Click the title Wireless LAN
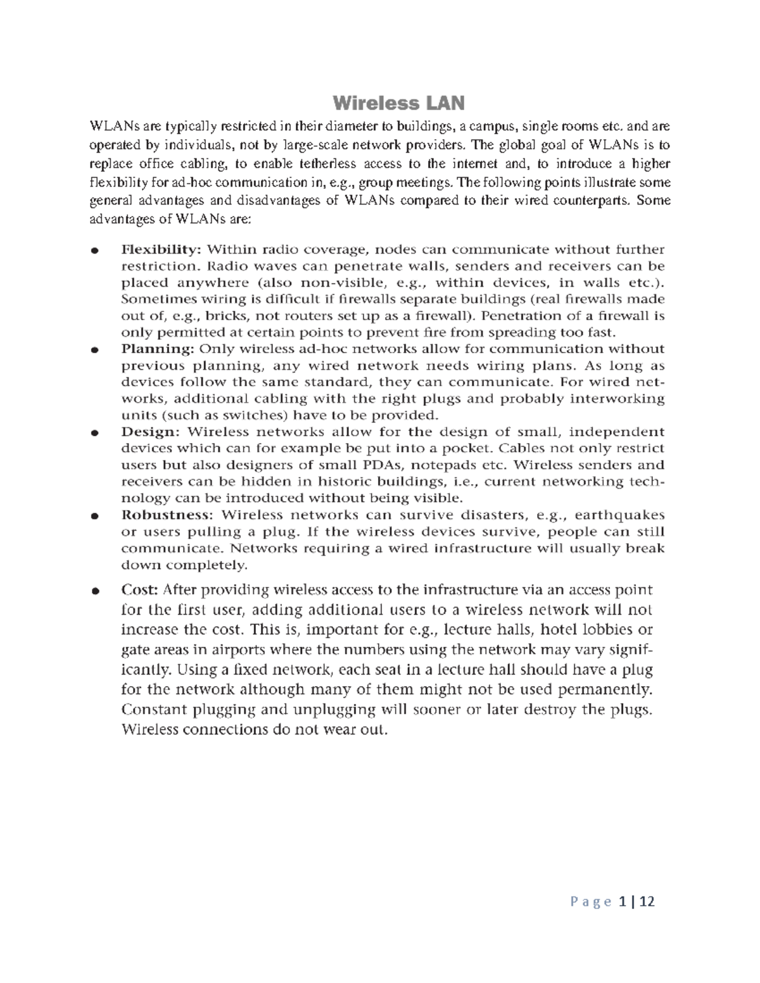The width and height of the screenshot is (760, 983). click(x=398, y=103)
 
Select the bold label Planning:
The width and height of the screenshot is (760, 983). click(x=158, y=349)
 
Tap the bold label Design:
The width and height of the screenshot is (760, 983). click(x=151, y=432)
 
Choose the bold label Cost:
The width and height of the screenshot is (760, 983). click(x=139, y=590)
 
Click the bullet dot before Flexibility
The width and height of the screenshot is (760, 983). click(x=94, y=250)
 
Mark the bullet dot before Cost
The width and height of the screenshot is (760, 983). click(x=94, y=591)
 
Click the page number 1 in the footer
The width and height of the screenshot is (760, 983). click(x=623, y=901)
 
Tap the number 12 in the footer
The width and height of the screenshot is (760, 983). click(x=647, y=901)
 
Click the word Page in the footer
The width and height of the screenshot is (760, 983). click(x=591, y=902)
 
